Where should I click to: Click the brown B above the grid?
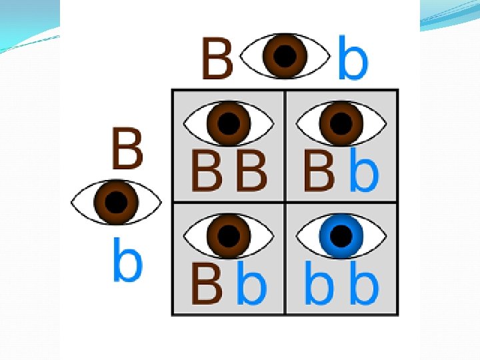click(x=217, y=58)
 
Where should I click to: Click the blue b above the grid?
click(x=353, y=59)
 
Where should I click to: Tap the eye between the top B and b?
click(x=285, y=55)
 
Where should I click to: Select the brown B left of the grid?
click(x=127, y=149)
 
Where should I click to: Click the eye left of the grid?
click(x=116, y=201)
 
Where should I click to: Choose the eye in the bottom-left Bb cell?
click(x=229, y=235)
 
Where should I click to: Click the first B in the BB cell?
click(x=207, y=171)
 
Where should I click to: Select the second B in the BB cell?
click(x=252, y=171)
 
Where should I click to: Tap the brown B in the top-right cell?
click(x=319, y=171)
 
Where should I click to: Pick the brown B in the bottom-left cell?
click(x=207, y=284)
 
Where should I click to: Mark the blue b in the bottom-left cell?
click(x=251, y=283)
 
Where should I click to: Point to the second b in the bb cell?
click(x=364, y=283)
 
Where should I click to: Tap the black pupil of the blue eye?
click(x=341, y=235)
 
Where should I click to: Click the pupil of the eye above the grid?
click(x=285, y=55)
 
